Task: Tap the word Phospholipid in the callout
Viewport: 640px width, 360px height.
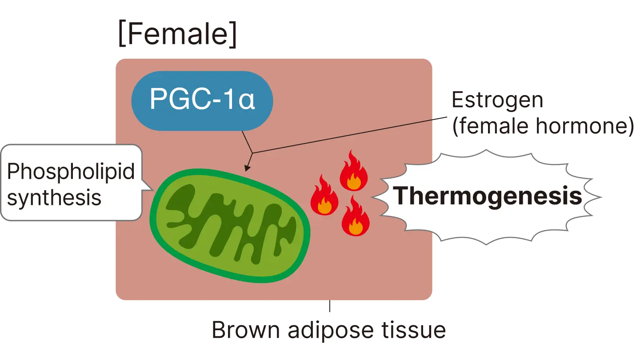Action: [x=71, y=171]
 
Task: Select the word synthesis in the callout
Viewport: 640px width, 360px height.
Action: [x=54, y=197]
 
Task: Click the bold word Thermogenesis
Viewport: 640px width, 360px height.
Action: [x=488, y=196]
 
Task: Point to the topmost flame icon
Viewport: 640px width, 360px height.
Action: [x=353, y=171]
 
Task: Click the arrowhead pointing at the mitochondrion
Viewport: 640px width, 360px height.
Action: [x=247, y=168]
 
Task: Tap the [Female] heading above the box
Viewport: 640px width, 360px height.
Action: [x=177, y=35]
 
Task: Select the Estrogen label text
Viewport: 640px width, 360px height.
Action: [x=497, y=101]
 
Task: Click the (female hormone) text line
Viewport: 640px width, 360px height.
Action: [x=542, y=128]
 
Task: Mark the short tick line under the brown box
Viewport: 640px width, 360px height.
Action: [x=329, y=308]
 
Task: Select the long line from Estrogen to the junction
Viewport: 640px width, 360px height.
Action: [x=342, y=136]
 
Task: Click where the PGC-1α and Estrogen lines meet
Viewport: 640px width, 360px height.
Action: [x=252, y=153]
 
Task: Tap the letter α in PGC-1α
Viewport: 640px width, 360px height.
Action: [x=246, y=101]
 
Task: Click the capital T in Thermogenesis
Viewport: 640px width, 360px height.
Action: [x=403, y=196]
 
